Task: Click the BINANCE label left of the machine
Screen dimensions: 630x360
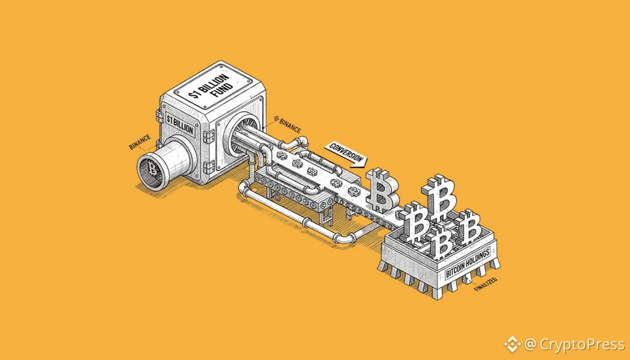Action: (140, 142)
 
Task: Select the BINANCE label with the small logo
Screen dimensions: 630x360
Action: (288, 124)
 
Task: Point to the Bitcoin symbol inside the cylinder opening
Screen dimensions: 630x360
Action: (153, 169)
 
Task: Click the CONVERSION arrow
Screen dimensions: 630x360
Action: (346, 154)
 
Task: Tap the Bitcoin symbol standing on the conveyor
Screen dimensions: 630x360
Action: (381, 189)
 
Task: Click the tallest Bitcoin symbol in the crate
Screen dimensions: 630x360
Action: (439, 197)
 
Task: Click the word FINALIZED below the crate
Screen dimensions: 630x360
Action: (486, 284)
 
